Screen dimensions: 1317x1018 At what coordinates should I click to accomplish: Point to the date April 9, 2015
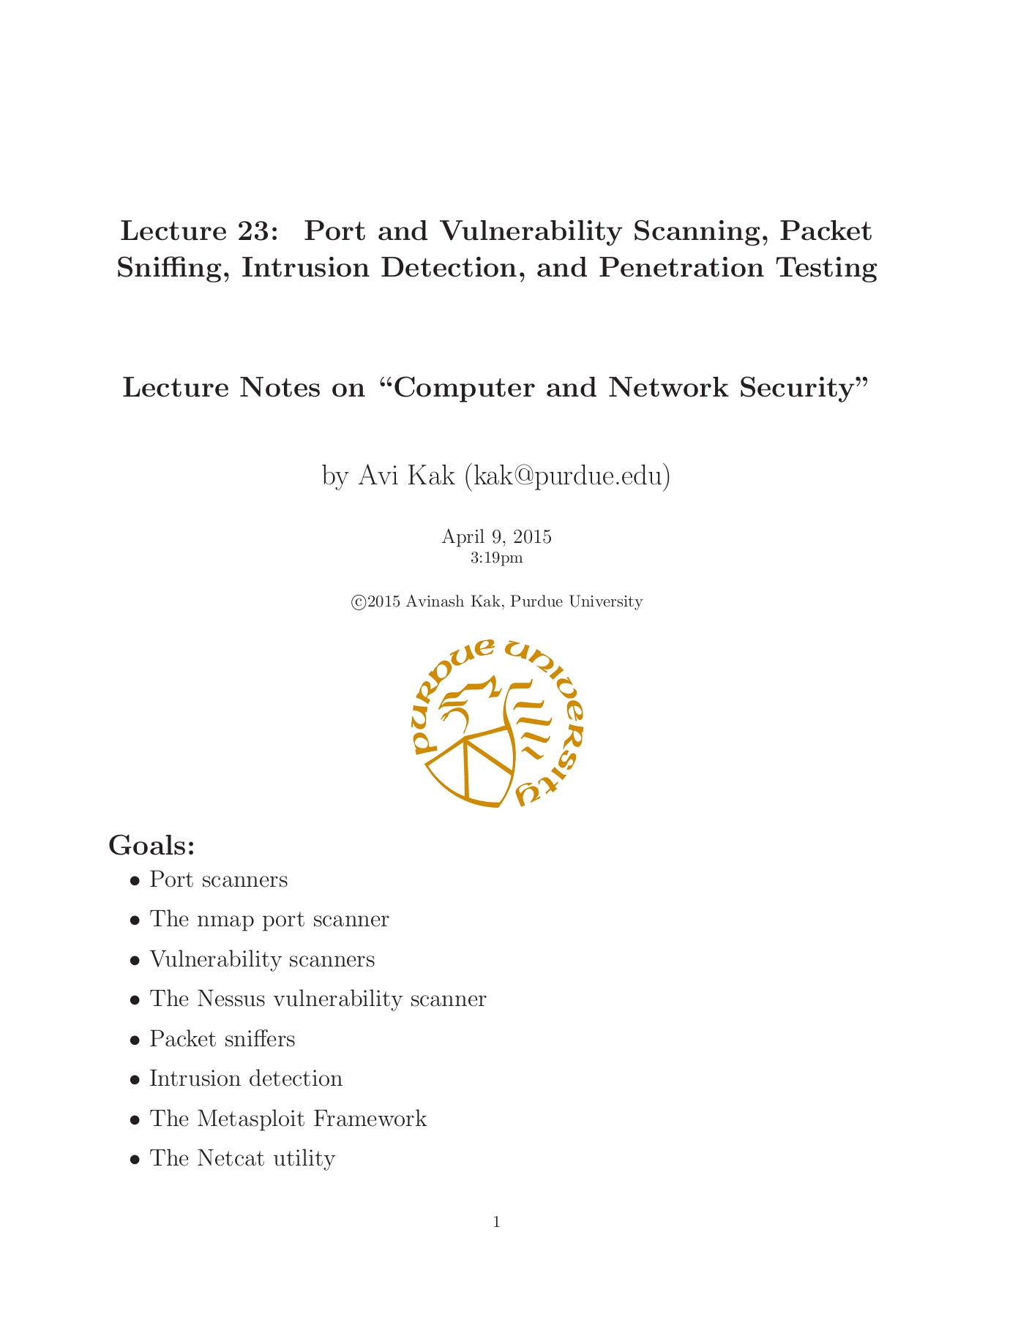pyautogui.click(x=496, y=537)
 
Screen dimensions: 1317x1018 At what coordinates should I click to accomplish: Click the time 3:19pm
pyautogui.click(x=496, y=558)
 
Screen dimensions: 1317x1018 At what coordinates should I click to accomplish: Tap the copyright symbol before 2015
pyautogui.click(x=359, y=602)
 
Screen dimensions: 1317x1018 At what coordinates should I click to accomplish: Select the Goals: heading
pyautogui.click(x=151, y=845)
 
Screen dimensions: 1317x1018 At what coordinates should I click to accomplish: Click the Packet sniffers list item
pyautogui.click(x=222, y=1039)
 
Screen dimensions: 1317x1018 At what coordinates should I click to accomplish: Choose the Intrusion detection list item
pyautogui.click(x=245, y=1079)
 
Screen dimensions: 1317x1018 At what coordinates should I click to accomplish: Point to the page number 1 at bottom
pyautogui.click(x=497, y=1222)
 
